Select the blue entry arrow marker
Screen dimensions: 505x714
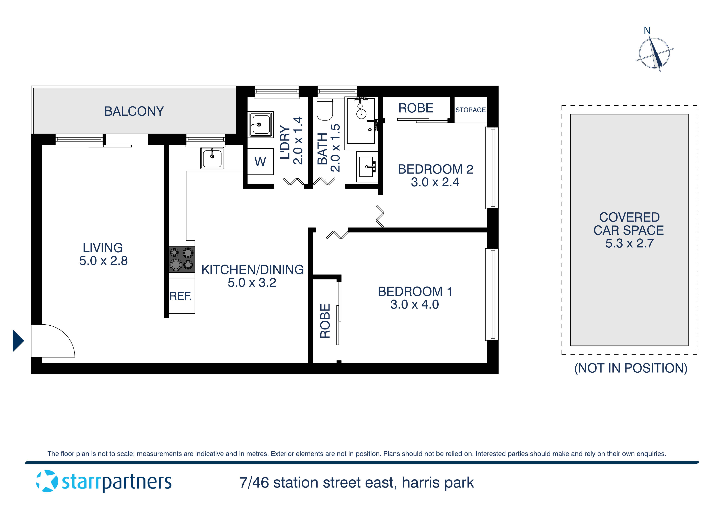pyautogui.click(x=18, y=341)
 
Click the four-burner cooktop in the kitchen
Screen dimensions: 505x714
pyautogui.click(x=182, y=259)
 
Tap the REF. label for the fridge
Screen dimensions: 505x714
pyautogui.click(x=180, y=296)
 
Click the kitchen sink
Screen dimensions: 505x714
pyautogui.click(x=212, y=158)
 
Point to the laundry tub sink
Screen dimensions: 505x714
pyautogui.click(x=261, y=124)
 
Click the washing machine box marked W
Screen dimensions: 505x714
pyautogui.click(x=260, y=161)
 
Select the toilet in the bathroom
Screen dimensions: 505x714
pyautogui.click(x=324, y=110)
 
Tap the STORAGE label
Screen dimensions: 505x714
pyautogui.click(x=470, y=110)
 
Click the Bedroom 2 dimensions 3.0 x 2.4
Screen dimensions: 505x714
pyautogui.click(x=435, y=182)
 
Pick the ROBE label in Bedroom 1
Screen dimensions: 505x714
pyautogui.click(x=325, y=321)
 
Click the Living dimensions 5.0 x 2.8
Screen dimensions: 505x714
pyautogui.click(x=103, y=261)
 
